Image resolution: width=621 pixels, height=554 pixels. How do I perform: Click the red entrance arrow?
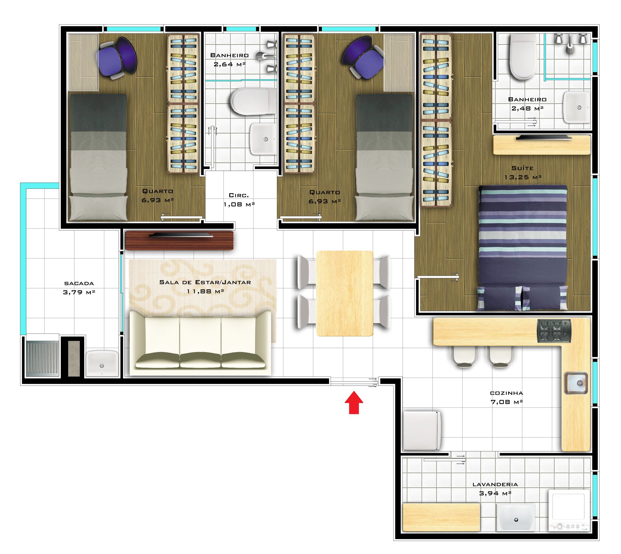(354, 403)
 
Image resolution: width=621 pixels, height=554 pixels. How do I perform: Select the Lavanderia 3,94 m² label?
(495, 489)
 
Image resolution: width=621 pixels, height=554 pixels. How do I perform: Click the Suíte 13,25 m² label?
(523, 173)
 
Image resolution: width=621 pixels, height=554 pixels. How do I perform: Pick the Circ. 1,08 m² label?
(239, 200)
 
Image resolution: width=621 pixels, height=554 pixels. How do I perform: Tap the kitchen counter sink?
(576, 383)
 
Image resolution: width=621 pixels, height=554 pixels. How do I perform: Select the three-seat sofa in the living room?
(200, 343)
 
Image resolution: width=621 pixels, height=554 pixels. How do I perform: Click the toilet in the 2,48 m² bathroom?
(523, 58)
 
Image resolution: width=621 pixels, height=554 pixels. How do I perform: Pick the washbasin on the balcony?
(102, 363)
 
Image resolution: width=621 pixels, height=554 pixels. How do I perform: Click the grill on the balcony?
(42, 358)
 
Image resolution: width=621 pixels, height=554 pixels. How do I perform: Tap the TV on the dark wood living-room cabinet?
(181, 235)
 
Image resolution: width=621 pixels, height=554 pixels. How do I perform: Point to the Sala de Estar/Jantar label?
(205, 287)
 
